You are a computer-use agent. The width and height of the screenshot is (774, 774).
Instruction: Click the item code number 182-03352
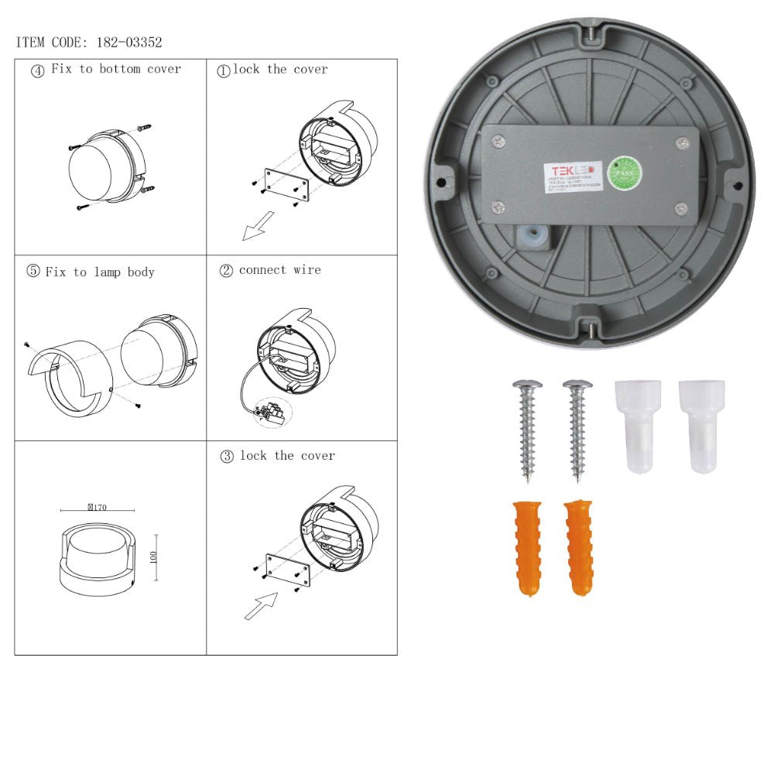128,43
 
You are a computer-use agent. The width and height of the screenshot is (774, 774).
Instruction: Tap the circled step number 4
37,70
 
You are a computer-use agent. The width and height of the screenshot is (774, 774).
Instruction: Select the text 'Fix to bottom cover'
116,69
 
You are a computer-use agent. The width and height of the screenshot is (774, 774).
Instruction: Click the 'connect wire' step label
279,270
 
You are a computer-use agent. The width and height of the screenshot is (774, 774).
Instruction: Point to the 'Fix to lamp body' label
100,272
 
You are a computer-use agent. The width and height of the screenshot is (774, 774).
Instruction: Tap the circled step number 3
227,457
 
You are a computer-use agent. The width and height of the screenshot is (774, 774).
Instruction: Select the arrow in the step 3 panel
261,604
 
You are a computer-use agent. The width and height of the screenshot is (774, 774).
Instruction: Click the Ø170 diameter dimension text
98,508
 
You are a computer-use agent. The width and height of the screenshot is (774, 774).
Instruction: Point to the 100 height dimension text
153,557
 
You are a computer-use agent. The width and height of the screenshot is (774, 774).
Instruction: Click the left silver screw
528,429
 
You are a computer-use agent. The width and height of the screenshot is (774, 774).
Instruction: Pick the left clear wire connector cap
637,425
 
